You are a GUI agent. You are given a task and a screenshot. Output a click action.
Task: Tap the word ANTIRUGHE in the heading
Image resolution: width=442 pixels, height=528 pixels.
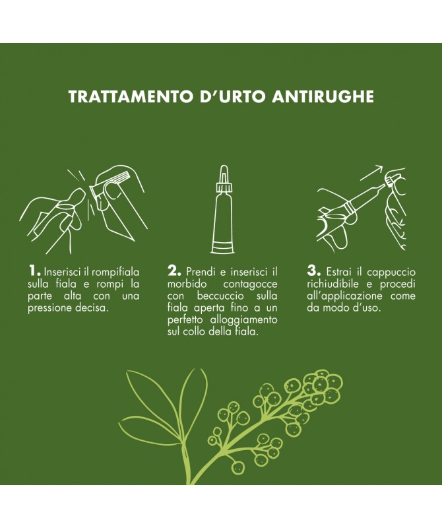click(323, 96)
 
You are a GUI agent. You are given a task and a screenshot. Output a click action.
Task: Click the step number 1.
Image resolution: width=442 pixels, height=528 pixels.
click(34, 271)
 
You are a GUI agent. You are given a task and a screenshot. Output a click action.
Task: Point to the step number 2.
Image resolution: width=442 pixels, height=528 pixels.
click(174, 271)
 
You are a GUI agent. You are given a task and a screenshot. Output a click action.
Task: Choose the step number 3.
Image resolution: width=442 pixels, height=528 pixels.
click(313, 271)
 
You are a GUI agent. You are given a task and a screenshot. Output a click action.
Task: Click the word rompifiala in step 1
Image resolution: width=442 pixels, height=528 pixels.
click(115, 272)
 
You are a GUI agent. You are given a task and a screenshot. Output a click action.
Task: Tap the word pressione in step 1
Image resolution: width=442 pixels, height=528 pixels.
click(49, 308)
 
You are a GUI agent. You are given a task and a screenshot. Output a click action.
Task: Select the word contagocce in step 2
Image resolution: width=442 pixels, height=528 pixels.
click(251, 284)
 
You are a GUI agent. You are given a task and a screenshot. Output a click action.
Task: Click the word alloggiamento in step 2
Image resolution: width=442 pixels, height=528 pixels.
click(243, 320)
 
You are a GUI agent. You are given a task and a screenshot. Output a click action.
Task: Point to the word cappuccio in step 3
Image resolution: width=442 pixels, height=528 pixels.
click(391, 273)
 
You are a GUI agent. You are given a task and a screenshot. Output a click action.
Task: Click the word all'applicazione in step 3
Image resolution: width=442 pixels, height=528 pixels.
click(344, 296)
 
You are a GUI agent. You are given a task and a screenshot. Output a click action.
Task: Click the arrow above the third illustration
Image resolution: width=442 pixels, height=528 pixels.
click(371, 173)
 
